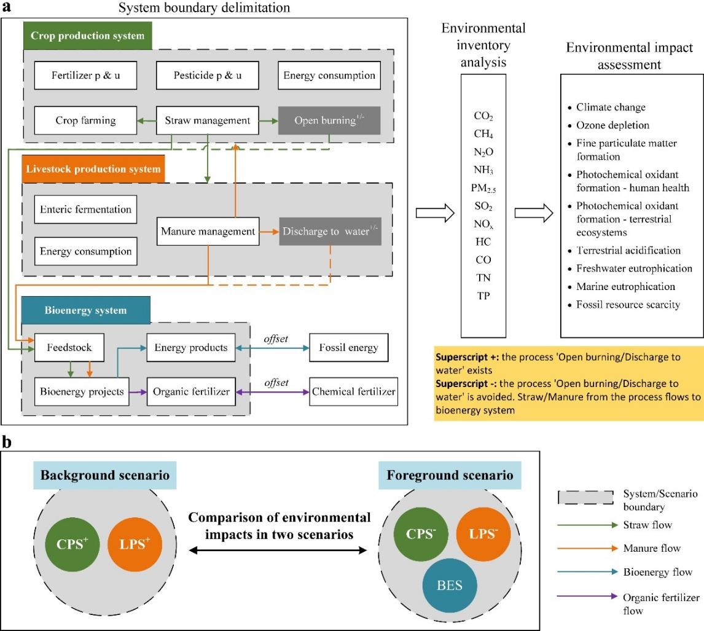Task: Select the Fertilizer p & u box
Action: (x=85, y=76)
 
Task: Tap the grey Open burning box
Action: (x=329, y=120)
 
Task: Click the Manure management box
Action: (x=208, y=232)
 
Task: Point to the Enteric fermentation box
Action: (x=85, y=210)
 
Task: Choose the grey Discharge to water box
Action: (x=330, y=232)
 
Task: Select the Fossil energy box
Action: (x=348, y=347)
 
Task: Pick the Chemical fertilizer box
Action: (x=353, y=391)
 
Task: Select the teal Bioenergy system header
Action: (x=85, y=310)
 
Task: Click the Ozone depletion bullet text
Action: (x=612, y=125)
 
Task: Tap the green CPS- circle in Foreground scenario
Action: (x=421, y=534)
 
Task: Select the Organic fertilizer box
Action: (x=190, y=391)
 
